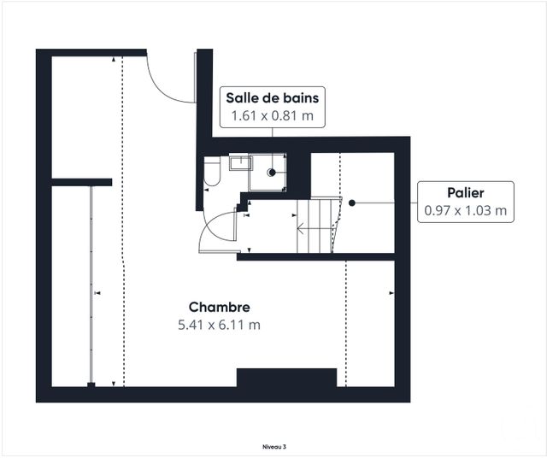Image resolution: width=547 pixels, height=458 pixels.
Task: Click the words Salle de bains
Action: (272, 98)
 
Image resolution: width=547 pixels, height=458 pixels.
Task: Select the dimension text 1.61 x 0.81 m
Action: (273, 115)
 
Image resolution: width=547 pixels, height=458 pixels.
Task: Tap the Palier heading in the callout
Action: (465, 192)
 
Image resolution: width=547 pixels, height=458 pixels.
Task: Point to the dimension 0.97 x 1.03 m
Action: (465, 210)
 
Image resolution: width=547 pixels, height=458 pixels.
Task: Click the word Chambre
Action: (219, 307)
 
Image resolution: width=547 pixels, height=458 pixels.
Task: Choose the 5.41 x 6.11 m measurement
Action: (219, 325)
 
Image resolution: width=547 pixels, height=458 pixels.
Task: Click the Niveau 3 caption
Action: (274, 447)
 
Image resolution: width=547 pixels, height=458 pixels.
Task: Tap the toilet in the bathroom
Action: (212, 171)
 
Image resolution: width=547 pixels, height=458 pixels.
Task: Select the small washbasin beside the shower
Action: (241, 163)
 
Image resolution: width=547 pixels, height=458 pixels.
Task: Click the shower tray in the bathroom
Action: (268, 172)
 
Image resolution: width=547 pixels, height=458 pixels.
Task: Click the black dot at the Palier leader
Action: (352, 203)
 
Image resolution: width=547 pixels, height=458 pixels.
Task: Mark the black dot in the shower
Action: (273, 173)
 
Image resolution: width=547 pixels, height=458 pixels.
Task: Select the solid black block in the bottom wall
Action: (287, 378)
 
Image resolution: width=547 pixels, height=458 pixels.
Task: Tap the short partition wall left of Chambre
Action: (82, 182)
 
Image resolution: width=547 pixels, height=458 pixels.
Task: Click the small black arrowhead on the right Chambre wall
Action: (391, 293)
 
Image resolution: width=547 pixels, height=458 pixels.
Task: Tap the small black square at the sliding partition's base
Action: (91, 385)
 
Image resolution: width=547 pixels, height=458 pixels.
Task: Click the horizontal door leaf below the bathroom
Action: (220, 252)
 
